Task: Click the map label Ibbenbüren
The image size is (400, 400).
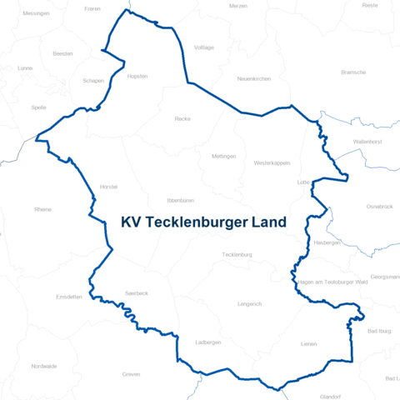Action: point(181,201)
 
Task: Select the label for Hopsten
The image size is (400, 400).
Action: point(137,76)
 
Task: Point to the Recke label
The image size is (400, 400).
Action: point(182,119)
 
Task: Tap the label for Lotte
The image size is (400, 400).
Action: point(303,182)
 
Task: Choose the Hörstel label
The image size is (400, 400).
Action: point(108,187)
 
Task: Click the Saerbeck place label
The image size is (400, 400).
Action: point(136,293)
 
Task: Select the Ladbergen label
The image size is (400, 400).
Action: point(207,342)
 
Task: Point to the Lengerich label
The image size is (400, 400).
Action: point(249,304)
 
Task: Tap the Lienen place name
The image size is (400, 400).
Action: point(309,343)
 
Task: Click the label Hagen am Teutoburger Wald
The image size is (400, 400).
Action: point(332,283)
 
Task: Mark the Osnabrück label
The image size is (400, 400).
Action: point(379,206)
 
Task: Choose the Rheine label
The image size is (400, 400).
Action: point(42,209)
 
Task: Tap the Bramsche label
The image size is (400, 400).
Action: point(353,72)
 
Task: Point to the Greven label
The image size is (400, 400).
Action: point(131,375)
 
